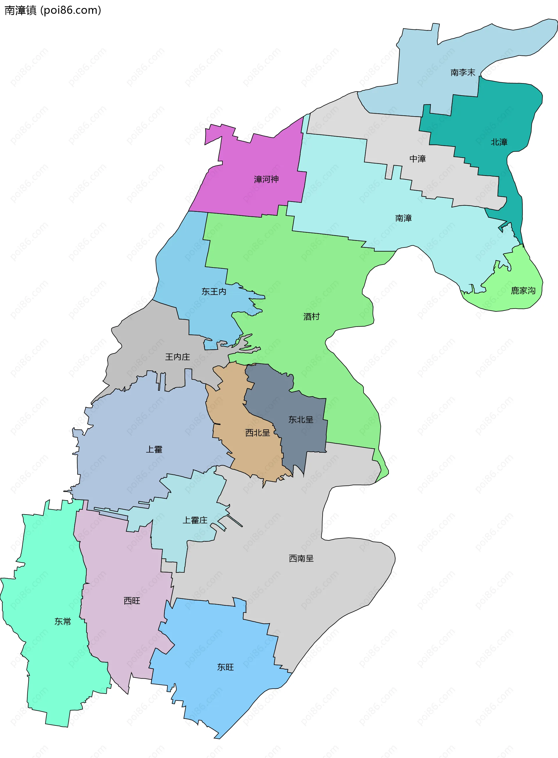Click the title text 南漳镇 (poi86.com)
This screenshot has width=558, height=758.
53,10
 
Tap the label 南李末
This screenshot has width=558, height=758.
462,72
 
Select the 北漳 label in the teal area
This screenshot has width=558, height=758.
499,142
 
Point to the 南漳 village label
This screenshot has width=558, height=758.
403,218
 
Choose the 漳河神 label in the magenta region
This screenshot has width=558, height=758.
266,179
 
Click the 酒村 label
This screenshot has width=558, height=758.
311,316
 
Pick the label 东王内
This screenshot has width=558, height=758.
214,291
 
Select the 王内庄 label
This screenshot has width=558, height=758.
177,356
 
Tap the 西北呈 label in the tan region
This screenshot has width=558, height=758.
257,433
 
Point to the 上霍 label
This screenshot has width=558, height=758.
154,449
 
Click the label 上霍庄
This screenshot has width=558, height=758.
195,520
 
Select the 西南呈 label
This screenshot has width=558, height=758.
301,558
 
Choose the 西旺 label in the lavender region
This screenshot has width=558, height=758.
132,600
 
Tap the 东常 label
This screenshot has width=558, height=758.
63,621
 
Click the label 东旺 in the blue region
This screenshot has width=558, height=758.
225,667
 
